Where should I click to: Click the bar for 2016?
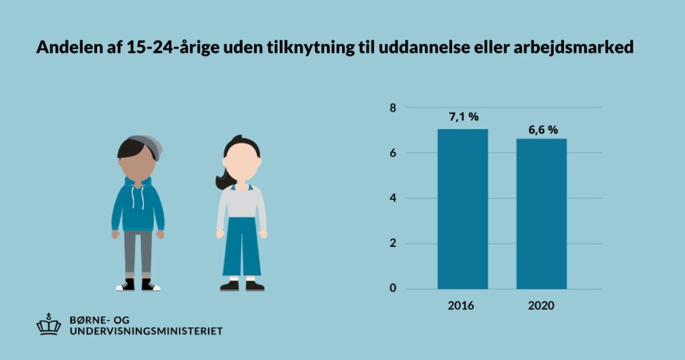(462, 209)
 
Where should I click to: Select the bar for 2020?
(541, 213)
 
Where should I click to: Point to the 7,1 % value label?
(463, 117)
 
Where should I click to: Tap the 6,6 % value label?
(543, 130)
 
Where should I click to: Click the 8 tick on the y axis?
(393, 108)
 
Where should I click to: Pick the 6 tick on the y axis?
(393, 153)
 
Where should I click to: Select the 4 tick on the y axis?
(393, 199)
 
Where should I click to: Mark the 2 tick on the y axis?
(393, 244)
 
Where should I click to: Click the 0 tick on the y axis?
(393, 289)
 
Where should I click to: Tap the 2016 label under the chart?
(461, 306)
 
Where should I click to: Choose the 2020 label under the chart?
(541, 306)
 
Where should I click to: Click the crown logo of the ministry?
(49, 325)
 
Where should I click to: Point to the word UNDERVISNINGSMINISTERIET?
(146, 331)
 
